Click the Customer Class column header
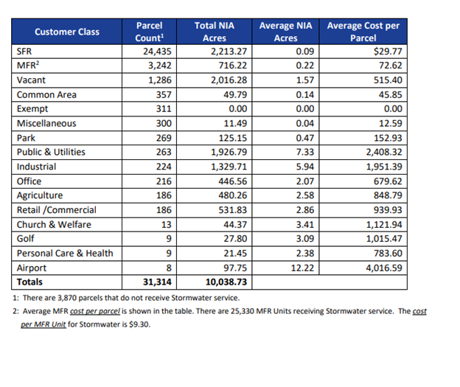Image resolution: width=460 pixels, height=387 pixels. [x=67, y=32]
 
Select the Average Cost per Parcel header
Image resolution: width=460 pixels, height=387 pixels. [x=363, y=32]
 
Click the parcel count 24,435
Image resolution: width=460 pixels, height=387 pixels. [x=157, y=52]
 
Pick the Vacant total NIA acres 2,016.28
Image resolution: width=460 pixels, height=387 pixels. [x=228, y=80]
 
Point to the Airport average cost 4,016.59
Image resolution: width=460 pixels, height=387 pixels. [x=380, y=268]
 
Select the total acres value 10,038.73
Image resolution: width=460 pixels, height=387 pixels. [x=225, y=282]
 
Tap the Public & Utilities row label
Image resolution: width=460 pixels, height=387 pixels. [x=51, y=153]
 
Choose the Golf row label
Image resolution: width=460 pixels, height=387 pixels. [x=26, y=239]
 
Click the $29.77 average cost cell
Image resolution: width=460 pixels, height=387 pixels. [x=387, y=52]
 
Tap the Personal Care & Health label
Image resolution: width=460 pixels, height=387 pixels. [x=65, y=254]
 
